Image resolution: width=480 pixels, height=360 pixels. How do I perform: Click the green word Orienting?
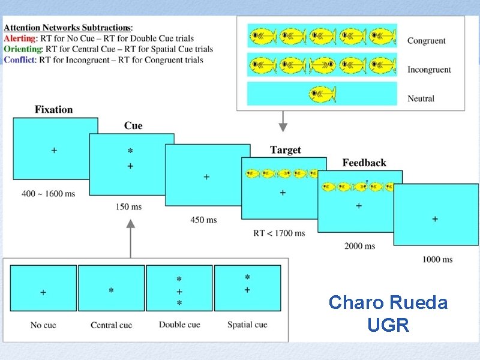tap(23, 49)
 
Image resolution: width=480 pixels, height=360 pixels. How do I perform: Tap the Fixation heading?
tap(53, 109)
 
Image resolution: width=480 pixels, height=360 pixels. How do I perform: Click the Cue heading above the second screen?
tap(133, 125)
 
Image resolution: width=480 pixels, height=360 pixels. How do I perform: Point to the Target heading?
tap(286, 150)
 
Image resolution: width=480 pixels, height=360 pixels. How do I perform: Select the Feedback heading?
tap(364, 163)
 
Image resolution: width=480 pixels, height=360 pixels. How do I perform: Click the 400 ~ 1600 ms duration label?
tap(48, 194)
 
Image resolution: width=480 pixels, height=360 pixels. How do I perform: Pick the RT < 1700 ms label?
tap(279, 233)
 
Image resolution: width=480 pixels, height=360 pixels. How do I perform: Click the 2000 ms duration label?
tap(360, 246)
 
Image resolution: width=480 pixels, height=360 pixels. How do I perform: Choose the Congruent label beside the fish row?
tap(426, 41)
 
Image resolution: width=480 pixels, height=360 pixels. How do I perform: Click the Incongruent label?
tap(429, 70)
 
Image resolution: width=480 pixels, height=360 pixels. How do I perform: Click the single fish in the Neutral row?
tap(322, 95)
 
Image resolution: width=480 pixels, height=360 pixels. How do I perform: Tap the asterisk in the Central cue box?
tap(111, 291)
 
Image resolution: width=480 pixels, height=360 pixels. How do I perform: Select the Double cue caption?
tap(179, 325)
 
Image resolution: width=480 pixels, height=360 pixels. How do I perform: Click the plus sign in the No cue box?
tap(43, 292)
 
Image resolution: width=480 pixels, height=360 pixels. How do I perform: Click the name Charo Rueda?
tap(388, 302)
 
